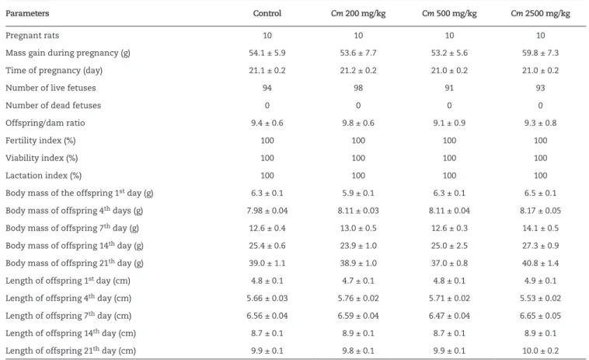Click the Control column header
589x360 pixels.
[x=267, y=13]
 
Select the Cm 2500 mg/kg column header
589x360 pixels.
[x=540, y=13]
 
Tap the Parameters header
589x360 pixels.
[x=27, y=13]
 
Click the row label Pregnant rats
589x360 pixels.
[x=33, y=35]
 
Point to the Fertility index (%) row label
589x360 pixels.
[x=40, y=141]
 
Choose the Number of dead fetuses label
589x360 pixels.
[x=54, y=105]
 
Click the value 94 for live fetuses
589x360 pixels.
[x=267, y=88]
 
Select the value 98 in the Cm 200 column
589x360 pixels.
[x=358, y=88]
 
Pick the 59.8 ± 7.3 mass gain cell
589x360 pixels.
[x=540, y=53]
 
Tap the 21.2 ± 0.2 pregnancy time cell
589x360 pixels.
[x=358, y=70]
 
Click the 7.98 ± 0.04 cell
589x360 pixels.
[x=267, y=211]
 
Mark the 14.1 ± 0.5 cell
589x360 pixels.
[x=540, y=228]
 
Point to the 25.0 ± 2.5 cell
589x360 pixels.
[x=449, y=246]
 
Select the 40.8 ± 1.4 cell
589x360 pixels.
[x=540, y=263]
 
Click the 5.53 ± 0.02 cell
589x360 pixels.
[x=540, y=299]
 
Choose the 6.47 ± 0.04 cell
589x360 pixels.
[x=449, y=316]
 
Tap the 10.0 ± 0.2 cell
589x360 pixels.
[x=540, y=351]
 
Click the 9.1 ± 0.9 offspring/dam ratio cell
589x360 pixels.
[x=449, y=123]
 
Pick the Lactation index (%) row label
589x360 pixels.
[x=44, y=176]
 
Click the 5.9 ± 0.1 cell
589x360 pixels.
[x=358, y=193]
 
